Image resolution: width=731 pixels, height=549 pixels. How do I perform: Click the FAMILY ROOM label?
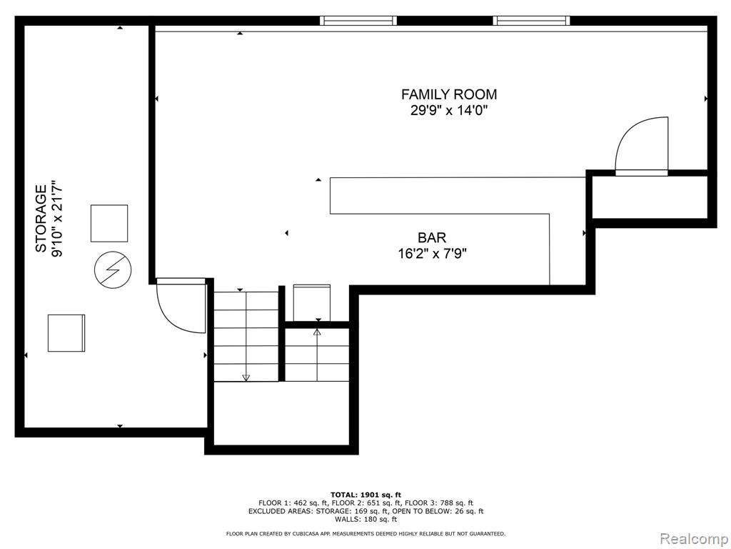pyautogui.click(x=449, y=94)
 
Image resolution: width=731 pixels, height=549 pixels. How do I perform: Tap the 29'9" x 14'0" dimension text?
pyautogui.click(x=449, y=111)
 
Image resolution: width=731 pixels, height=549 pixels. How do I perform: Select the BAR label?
pyautogui.click(x=432, y=237)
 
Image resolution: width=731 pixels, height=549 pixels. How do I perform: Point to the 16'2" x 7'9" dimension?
pyautogui.click(x=432, y=254)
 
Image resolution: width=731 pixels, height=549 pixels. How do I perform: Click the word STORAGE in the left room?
pyautogui.click(x=41, y=219)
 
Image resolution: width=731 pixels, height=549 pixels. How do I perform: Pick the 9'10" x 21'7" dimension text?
pyautogui.click(x=57, y=219)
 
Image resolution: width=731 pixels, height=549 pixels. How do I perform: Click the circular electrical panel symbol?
pyautogui.click(x=113, y=269)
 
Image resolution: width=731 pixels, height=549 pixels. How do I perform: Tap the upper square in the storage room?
pyautogui.click(x=109, y=223)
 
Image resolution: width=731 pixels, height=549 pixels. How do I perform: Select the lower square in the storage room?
pyautogui.click(x=66, y=333)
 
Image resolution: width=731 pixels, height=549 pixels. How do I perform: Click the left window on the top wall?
pyautogui.click(x=358, y=21)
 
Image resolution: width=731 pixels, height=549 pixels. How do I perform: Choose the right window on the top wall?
pyautogui.click(x=531, y=21)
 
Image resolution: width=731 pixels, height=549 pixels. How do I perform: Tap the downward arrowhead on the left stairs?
pyautogui.click(x=246, y=377)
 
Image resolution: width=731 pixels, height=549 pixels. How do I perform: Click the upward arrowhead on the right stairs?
pyautogui.click(x=317, y=332)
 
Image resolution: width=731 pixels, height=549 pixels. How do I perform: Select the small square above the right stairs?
pyautogui.click(x=312, y=303)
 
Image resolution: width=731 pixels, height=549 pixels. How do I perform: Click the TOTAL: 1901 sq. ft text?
pyautogui.click(x=366, y=495)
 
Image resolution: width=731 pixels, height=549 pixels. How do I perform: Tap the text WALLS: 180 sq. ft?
pyautogui.click(x=366, y=519)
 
